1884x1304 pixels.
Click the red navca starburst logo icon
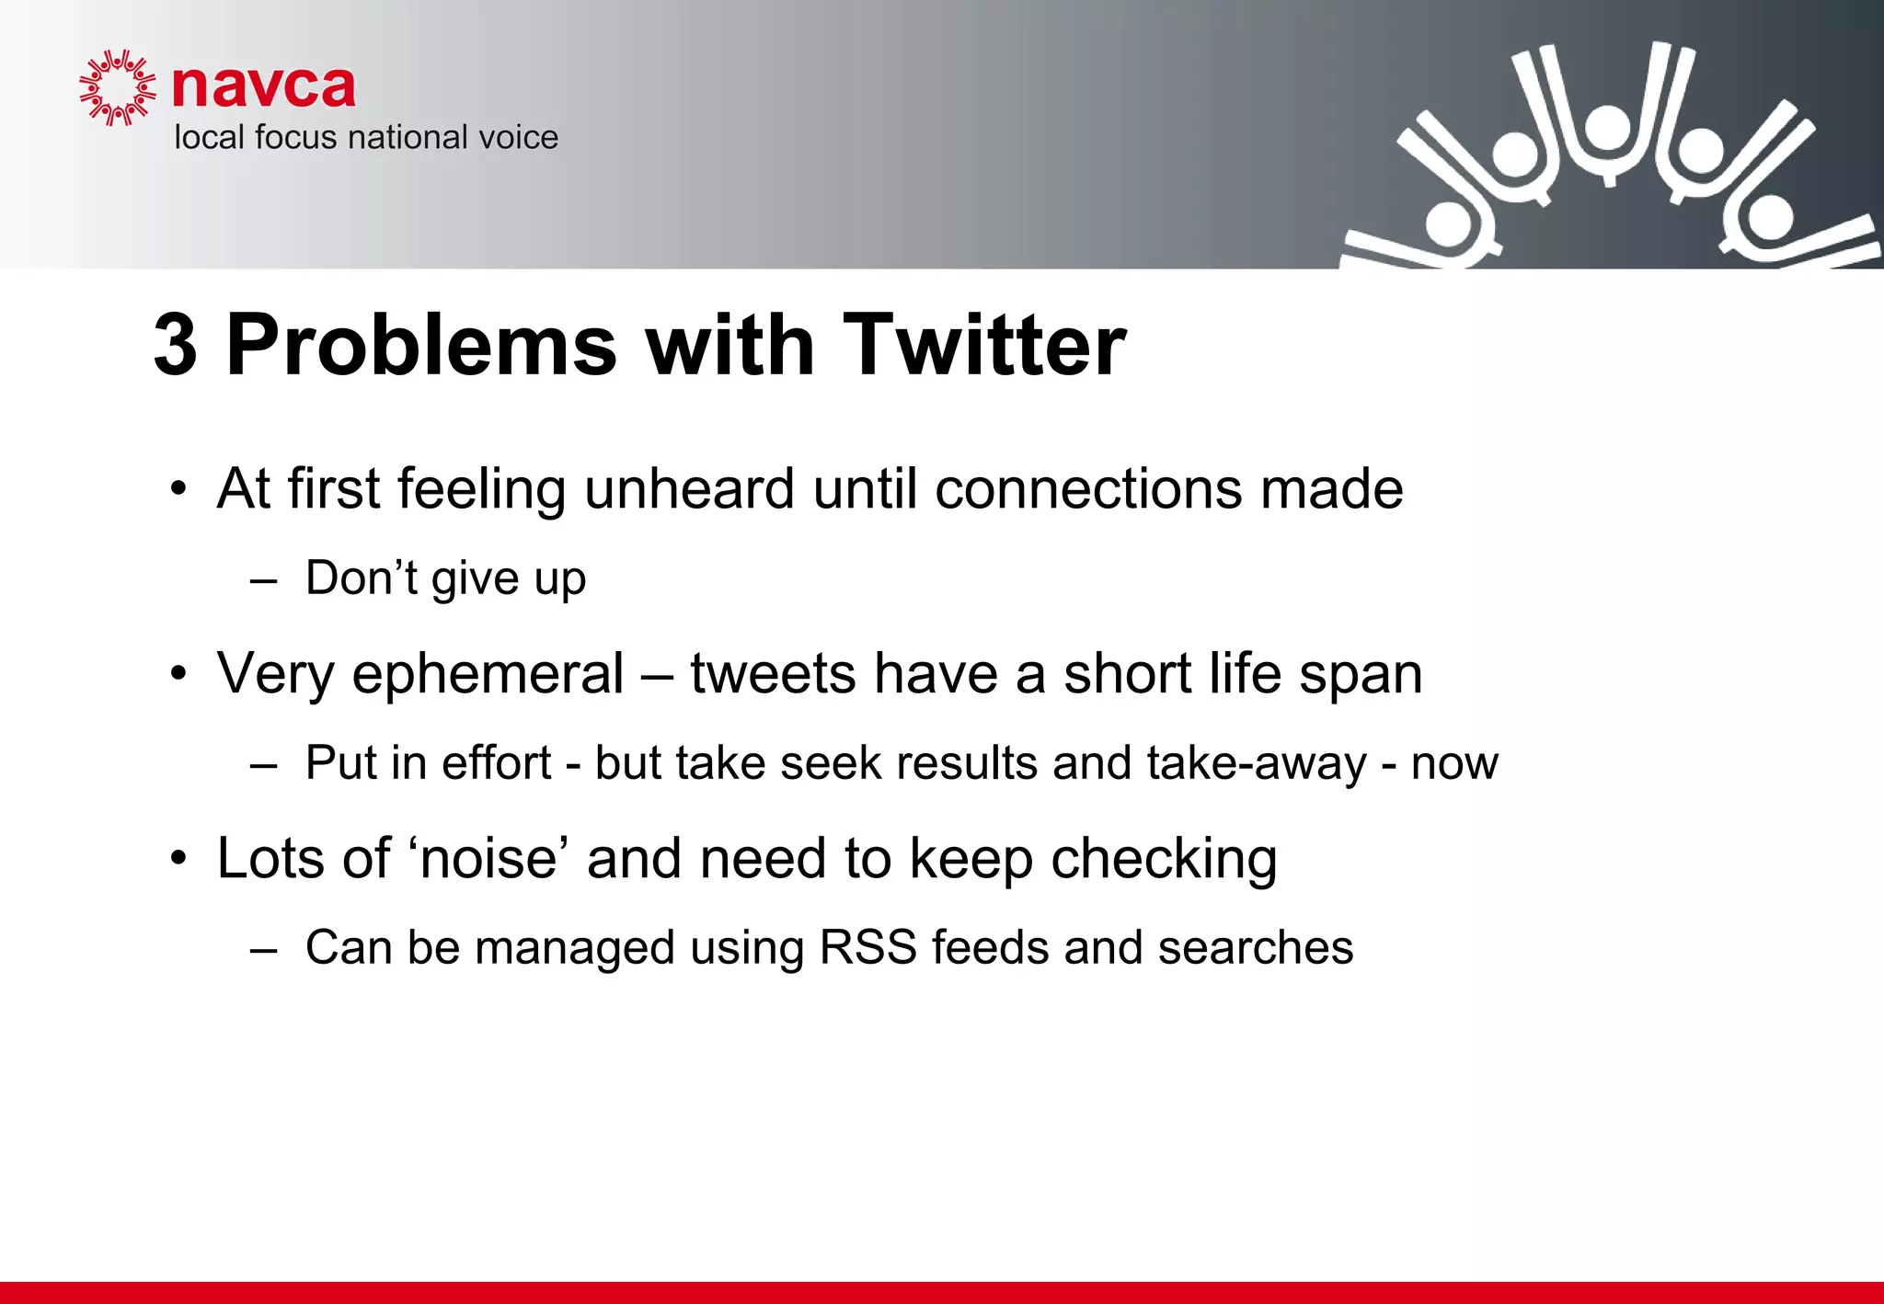[x=117, y=88]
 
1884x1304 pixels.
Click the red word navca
[x=263, y=86]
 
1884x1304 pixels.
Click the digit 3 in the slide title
[x=175, y=345]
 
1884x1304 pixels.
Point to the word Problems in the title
[x=420, y=345]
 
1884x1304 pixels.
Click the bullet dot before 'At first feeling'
[x=178, y=489]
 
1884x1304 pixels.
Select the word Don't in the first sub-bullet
[x=361, y=578]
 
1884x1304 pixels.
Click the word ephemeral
[x=488, y=674]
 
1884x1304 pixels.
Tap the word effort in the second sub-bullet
[x=496, y=762]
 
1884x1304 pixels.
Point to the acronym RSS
[x=867, y=947]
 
